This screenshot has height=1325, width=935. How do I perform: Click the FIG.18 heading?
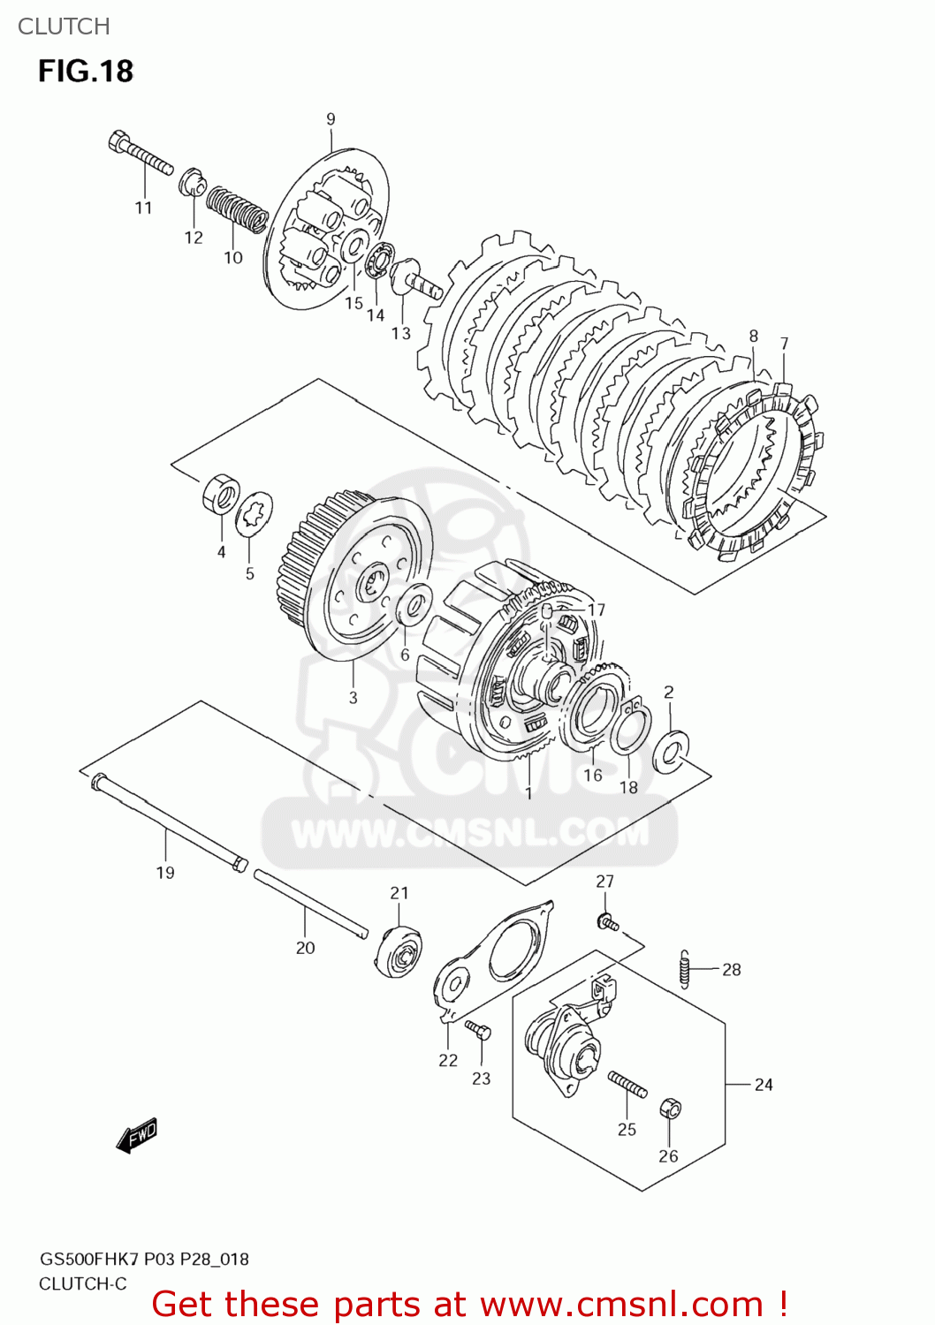(86, 71)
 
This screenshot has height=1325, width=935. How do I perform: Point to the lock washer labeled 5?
(254, 514)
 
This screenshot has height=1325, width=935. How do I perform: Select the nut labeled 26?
(671, 1109)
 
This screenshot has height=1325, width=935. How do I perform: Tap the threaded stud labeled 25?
(627, 1083)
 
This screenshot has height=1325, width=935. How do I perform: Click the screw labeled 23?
(478, 1030)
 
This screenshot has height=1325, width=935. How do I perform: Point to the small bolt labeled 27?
(607, 923)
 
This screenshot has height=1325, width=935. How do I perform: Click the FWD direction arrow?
(137, 1136)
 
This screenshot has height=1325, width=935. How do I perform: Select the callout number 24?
(764, 1085)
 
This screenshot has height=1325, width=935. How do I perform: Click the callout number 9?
(331, 119)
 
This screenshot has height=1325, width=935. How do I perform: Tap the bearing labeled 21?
(399, 952)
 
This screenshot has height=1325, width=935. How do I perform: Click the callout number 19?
(165, 873)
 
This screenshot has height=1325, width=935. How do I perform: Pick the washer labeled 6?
(411, 606)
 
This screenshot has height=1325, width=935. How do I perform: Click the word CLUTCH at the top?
(64, 26)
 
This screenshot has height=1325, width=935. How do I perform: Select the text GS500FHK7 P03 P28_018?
(144, 1259)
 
